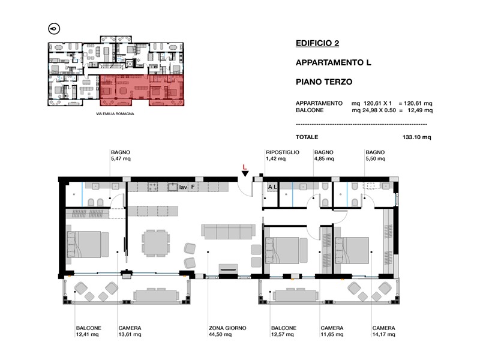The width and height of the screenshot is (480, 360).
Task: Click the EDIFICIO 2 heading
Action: click(x=317, y=43)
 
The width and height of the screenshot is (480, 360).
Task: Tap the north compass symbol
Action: click(x=54, y=29)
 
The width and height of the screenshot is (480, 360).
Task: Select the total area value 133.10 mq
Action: click(x=416, y=137)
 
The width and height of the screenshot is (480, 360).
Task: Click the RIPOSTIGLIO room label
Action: click(x=282, y=152)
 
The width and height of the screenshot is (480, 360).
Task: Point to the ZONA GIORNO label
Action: click(x=227, y=328)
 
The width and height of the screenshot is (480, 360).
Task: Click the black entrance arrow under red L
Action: click(x=245, y=174)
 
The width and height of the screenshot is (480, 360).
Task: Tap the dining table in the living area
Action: click(x=156, y=243)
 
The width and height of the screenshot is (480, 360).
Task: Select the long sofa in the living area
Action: click(x=229, y=232)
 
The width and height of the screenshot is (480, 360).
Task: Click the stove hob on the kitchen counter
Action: click(x=153, y=187)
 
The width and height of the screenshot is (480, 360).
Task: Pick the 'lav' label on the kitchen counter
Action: click(x=183, y=187)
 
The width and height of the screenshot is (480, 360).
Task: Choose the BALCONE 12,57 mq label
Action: click(x=283, y=331)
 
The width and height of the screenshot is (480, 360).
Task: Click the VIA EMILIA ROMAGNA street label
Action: click(x=115, y=114)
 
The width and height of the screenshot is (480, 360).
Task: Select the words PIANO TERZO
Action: click(x=324, y=82)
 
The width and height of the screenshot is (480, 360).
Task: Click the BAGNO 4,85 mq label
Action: click(x=324, y=155)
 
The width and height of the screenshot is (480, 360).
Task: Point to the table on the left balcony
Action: click(x=156, y=295)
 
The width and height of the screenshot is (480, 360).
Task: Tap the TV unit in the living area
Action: click(x=228, y=269)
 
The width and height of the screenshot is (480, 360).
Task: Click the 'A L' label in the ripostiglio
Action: click(x=272, y=187)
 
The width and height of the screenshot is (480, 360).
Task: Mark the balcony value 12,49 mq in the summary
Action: click(x=420, y=110)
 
